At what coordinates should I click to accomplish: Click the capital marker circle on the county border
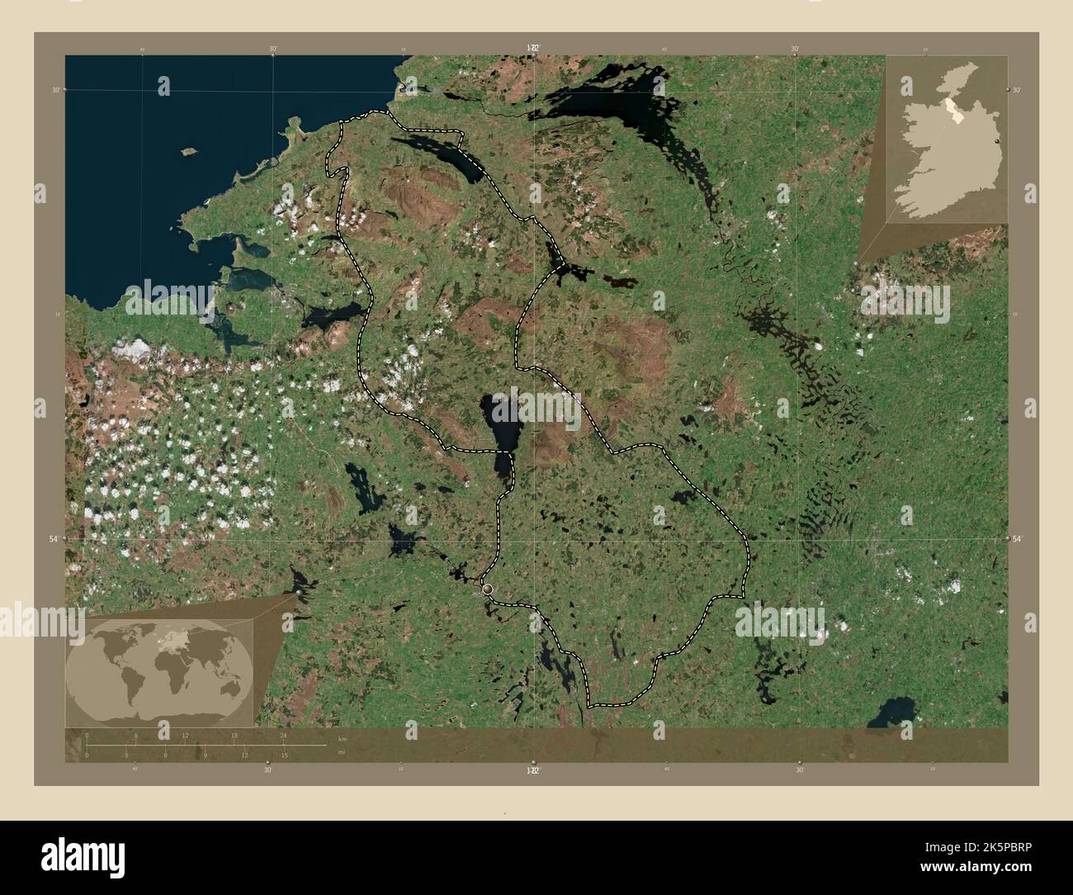pyautogui.click(x=487, y=588)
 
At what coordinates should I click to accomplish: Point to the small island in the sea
pyautogui.click(x=187, y=152)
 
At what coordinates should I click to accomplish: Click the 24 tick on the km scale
pyautogui.click(x=284, y=744)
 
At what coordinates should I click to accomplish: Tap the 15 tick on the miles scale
pyautogui.click(x=284, y=747)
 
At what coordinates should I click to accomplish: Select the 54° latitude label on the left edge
pyautogui.click(x=54, y=538)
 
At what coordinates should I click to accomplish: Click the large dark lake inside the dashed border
pyautogui.click(x=499, y=429)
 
